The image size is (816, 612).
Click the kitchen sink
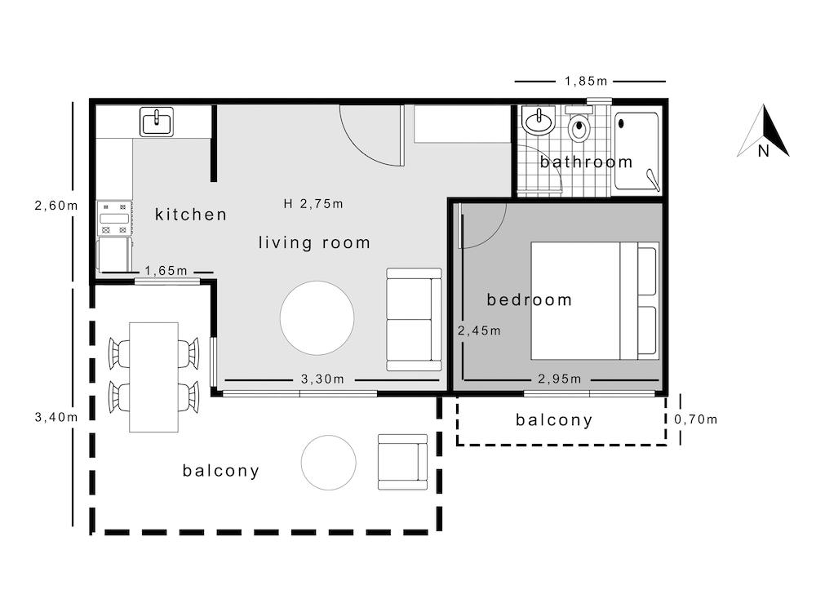click(157, 122)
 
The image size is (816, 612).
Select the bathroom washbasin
click(539, 121)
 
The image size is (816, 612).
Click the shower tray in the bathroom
click(637, 150)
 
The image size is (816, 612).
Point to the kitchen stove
click(114, 219)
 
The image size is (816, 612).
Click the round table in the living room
click(317, 318)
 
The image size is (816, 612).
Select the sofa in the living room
click(415, 320)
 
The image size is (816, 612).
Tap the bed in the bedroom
click(595, 301)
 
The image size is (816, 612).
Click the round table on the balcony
click(328, 463)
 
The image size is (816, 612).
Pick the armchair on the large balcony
click(403, 462)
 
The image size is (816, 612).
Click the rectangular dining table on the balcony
click(153, 377)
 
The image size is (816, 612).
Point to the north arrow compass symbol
click(764, 131)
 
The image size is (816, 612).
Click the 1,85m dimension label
click(586, 81)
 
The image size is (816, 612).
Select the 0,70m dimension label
click(696, 419)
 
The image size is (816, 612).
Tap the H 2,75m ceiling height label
click(313, 204)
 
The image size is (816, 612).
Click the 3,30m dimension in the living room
click(322, 379)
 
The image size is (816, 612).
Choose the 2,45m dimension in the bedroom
click(479, 331)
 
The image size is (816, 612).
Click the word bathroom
click(586, 162)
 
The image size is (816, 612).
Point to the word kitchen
click(191, 215)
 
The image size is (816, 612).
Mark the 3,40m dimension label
click(56, 417)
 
